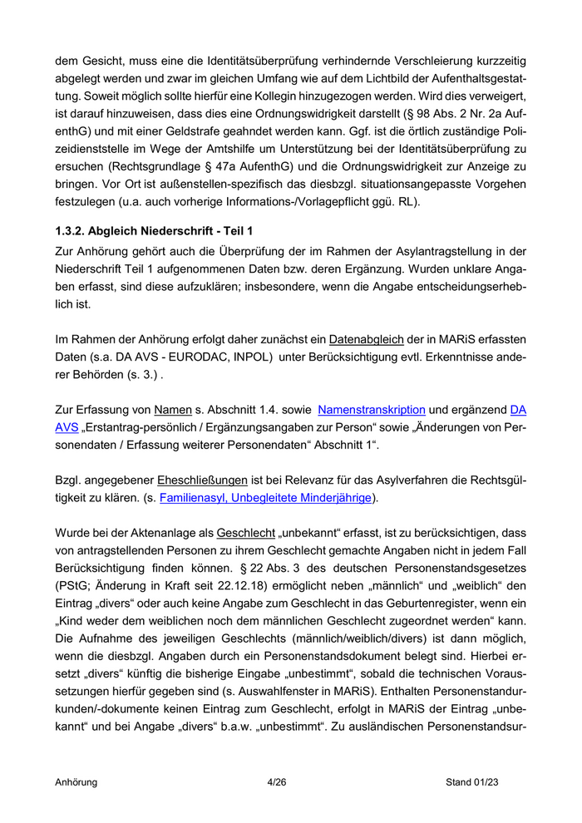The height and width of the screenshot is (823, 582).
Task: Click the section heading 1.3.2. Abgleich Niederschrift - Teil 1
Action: [154, 229]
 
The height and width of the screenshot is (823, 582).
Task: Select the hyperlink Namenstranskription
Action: [372, 410]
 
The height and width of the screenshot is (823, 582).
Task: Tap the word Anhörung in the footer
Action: [76, 781]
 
